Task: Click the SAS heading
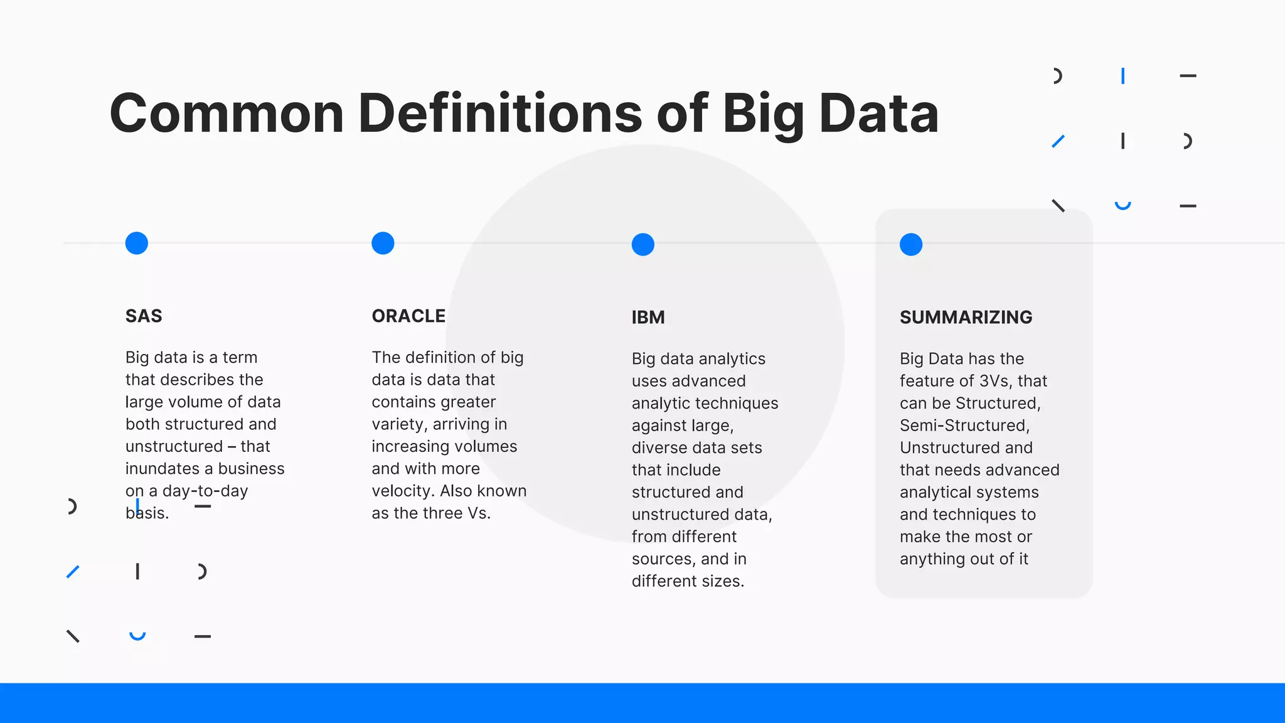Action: [144, 316]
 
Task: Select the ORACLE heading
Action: [408, 316]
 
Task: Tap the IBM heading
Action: [648, 317]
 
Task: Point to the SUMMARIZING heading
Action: [966, 317]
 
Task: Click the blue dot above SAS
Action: [137, 243]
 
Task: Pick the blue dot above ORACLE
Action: [383, 243]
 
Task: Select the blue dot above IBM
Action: [643, 244]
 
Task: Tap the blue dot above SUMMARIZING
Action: [911, 244]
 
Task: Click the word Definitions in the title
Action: [500, 114]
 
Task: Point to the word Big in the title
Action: [763, 114]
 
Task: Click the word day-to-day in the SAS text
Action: [205, 491]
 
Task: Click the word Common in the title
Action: [227, 114]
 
